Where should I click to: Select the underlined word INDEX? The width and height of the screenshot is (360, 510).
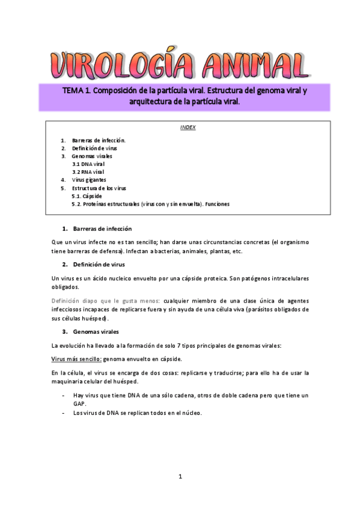(x=188, y=127)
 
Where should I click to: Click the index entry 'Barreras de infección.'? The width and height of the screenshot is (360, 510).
(x=99, y=140)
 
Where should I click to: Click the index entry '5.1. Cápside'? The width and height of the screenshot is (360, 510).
(x=87, y=196)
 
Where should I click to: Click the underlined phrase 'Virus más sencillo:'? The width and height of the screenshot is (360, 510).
(x=76, y=359)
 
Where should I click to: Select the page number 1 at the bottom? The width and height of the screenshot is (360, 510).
(x=180, y=477)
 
